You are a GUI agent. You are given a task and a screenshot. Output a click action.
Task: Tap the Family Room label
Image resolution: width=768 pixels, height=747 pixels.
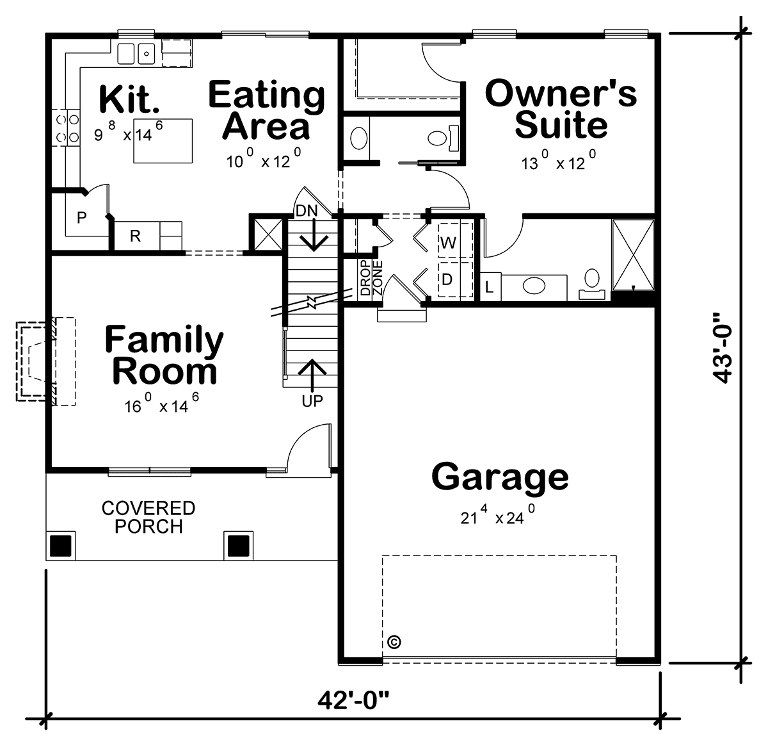coord(164,354)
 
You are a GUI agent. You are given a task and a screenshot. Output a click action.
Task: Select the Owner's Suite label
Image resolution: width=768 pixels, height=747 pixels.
coord(561,108)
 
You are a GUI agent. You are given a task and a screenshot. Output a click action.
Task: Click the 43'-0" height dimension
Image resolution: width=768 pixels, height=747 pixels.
coord(722,349)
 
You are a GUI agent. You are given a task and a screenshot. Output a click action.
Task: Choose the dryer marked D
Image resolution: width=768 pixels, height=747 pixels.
coord(455,279)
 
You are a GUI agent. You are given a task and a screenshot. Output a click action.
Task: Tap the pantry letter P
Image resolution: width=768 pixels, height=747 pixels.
coord(82,217)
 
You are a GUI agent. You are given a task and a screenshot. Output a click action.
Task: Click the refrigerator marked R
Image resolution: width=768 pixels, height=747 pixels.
coord(135,236)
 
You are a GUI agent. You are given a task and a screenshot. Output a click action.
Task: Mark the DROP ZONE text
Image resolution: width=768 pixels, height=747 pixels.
coord(371,277)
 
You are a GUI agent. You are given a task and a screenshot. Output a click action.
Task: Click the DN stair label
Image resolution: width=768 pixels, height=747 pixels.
coord(307,211)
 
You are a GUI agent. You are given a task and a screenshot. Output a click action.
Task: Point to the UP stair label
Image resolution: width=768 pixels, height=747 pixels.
coord(312,401)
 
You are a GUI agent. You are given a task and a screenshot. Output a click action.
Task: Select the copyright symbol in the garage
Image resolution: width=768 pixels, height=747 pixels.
coord(395,641)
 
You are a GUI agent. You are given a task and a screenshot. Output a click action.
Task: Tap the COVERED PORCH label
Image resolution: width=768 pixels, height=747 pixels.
coord(148,517)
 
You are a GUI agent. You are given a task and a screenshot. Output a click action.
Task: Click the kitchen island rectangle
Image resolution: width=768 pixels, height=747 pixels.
coord(163,141)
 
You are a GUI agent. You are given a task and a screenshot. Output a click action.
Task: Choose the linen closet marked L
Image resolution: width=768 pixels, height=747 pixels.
coord(490,287)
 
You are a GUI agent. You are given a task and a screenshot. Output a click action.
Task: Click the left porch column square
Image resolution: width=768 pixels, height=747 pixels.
coord(60,546)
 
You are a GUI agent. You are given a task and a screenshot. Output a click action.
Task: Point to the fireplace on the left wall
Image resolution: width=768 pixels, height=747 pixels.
coord(46,361)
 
